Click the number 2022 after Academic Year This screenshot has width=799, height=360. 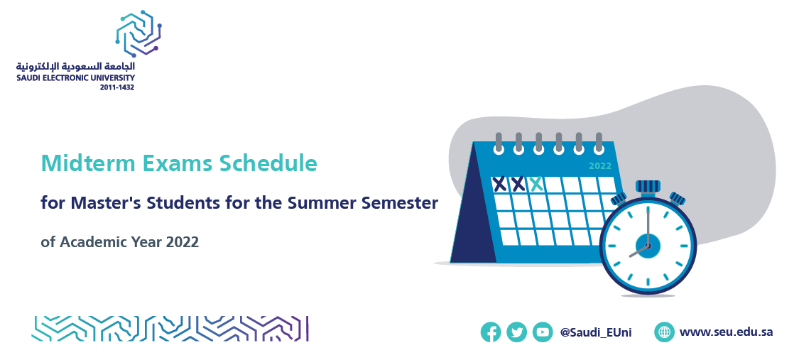[182, 242]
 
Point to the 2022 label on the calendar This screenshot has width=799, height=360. [599, 166]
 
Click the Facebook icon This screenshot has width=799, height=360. [491, 332]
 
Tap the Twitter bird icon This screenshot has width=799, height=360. [517, 332]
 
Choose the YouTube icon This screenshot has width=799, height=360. [543, 332]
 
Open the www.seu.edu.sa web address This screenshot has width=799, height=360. [726, 332]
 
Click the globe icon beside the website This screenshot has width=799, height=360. [665, 332]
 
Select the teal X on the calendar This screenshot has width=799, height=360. [536, 184]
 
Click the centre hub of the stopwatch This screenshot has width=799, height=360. [648, 246]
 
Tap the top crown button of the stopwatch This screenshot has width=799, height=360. [648, 187]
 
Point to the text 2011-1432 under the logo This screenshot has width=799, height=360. [118, 87]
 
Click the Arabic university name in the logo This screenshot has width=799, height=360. [76, 67]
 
